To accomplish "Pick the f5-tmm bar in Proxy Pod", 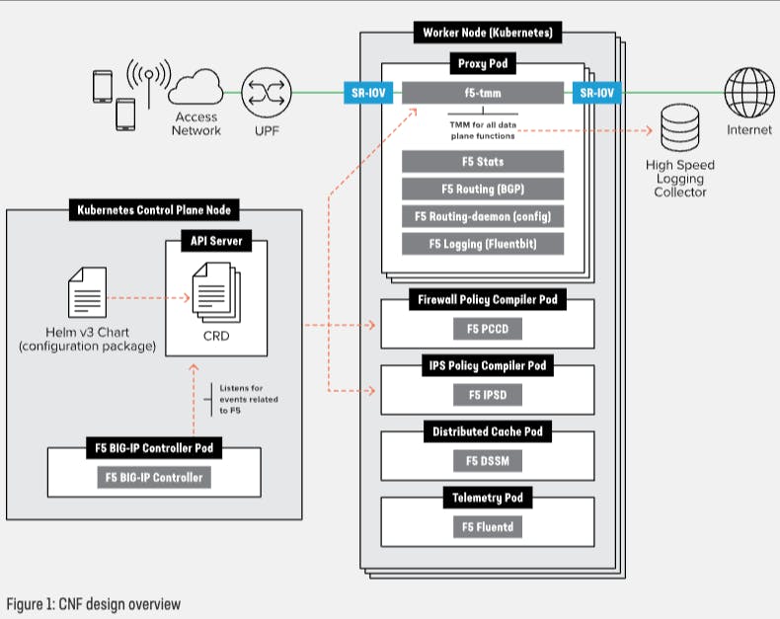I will coord(483,94).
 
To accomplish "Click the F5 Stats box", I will coord(483,161).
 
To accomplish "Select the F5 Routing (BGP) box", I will coord(483,189).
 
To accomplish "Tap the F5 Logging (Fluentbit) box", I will coord(483,244).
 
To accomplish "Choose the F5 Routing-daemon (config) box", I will coord(483,216).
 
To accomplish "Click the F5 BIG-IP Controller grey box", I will coord(154,478).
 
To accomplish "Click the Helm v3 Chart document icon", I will coord(87,293).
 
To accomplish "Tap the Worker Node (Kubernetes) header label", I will coord(487,33).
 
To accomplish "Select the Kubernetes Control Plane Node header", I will coord(154,209).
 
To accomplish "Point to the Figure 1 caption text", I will coord(94,603).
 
